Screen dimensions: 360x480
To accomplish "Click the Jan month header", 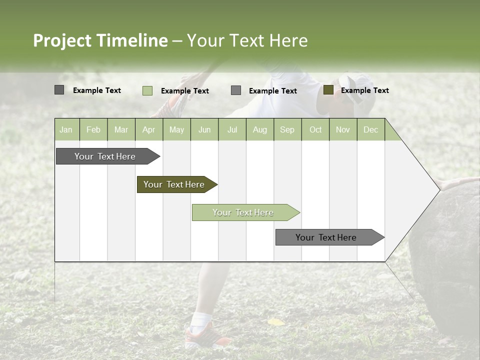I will coord(66,129).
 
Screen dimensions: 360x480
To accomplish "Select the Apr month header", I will coord(148,129).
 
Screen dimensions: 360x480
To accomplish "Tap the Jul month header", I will coord(232,129).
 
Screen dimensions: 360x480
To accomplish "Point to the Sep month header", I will coord(287,129).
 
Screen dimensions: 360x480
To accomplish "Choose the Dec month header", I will coord(370,129).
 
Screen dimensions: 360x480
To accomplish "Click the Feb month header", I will coord(93,129).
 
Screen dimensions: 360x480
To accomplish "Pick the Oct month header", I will coord(315,129).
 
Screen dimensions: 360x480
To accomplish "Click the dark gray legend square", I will coord(59,90).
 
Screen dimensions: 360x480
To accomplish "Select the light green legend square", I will coord(147,90).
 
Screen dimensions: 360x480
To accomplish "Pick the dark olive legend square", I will coord(328,90).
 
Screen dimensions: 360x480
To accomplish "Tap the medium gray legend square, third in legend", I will coord(236,90).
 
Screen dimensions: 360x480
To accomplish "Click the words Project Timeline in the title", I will coord(100,40).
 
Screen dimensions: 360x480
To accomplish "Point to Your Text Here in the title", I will coord(247,40).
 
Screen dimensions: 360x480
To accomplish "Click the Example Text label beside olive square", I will coord(364,90).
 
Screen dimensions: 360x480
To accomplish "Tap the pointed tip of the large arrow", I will coord(438,189).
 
